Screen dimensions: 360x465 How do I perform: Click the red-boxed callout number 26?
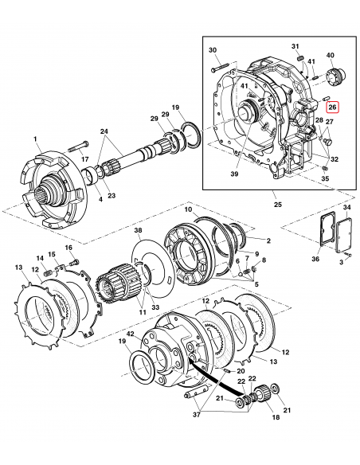tap(332, 107)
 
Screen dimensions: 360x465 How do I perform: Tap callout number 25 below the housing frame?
tap(277, 205)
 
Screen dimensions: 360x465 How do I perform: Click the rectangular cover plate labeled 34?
tap(344, 236)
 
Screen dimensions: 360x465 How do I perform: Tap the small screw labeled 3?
tap(349, 255)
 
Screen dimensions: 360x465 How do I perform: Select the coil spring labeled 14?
tap(48, 272)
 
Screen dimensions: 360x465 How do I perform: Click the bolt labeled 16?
tap(76, 262)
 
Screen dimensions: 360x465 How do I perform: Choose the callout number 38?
tap(139, 230)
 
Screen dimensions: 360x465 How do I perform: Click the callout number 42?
tap(130, 333)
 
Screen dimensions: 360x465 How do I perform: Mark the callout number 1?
tap(35, 139)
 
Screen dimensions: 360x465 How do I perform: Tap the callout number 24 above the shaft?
tap(104, 131)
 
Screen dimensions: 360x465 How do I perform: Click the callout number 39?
tap(234, 174)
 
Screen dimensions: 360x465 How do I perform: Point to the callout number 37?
tap(197, 415)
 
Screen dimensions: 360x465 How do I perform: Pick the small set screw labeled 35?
tap(324, 169)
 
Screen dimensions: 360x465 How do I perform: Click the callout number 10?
tap(188, 209)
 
